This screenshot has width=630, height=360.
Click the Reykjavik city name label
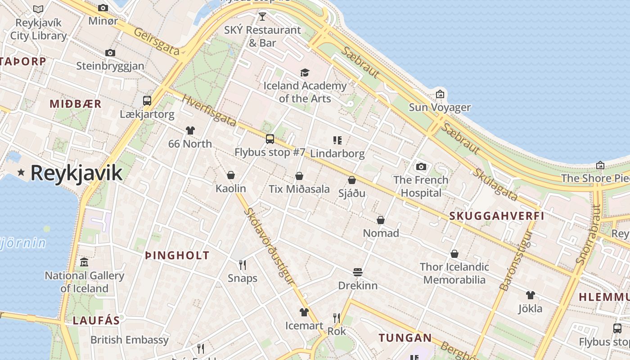[76, 173]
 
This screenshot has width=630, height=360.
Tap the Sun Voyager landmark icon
[440, 94]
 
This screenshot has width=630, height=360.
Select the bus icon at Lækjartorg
[147, 100]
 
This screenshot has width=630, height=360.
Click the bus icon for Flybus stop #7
[270, 139]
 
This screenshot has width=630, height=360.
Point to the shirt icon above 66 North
[190, 130]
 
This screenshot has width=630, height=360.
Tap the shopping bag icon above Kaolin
[231, 175]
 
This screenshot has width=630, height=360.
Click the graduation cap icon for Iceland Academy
[305, 72]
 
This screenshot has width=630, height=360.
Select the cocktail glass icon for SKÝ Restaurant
[262, 17]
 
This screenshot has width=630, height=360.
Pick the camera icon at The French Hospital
[421, 166]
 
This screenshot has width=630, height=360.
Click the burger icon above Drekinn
[358, 272]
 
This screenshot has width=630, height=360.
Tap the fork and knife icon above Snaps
[243, 265]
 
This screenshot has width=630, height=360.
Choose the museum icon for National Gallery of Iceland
[84, 262]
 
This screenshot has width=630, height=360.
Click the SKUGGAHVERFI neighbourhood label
[497, 216]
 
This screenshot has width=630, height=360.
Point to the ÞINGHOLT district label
[177, 256]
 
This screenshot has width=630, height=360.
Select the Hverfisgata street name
[209, 110]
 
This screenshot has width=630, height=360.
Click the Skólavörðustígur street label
[269, 246]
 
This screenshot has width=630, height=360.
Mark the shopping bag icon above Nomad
[381, 220]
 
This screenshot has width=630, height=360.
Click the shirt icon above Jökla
[531, 295]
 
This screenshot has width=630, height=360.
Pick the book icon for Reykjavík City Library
[39, 9]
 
